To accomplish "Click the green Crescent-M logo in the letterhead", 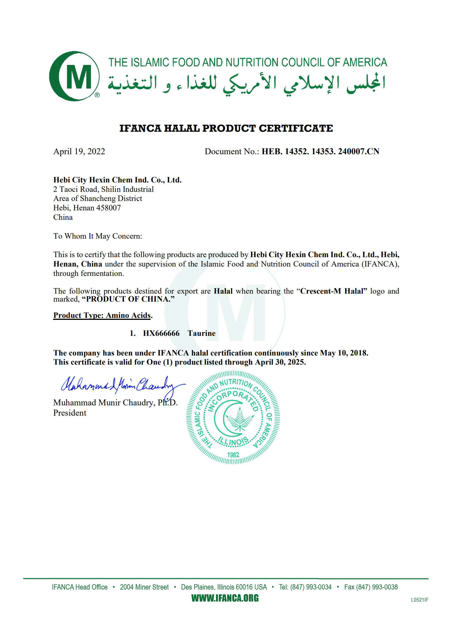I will [x=74, y=76].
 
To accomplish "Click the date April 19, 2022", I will [x=79, y=151].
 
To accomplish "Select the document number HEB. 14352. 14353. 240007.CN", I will [x=320, y=151].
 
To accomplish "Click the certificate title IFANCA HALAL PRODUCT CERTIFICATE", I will [x=226, y=128].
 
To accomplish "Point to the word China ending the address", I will [x=63, y=217].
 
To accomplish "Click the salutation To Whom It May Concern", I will [x=98, y=236].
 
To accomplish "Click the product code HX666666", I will [x=161, y=333].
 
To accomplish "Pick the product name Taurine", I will [x=201, y=333].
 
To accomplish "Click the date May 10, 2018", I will [x=344, y=353].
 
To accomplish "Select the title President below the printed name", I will [x=70, y=413].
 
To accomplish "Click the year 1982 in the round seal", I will [x=233, y=455].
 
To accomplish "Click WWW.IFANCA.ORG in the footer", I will [x=225, y=598].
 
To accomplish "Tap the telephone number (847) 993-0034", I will [x=311, y=587].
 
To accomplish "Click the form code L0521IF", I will [x=419, y=600].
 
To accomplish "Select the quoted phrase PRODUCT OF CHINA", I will [x=128, y=299].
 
